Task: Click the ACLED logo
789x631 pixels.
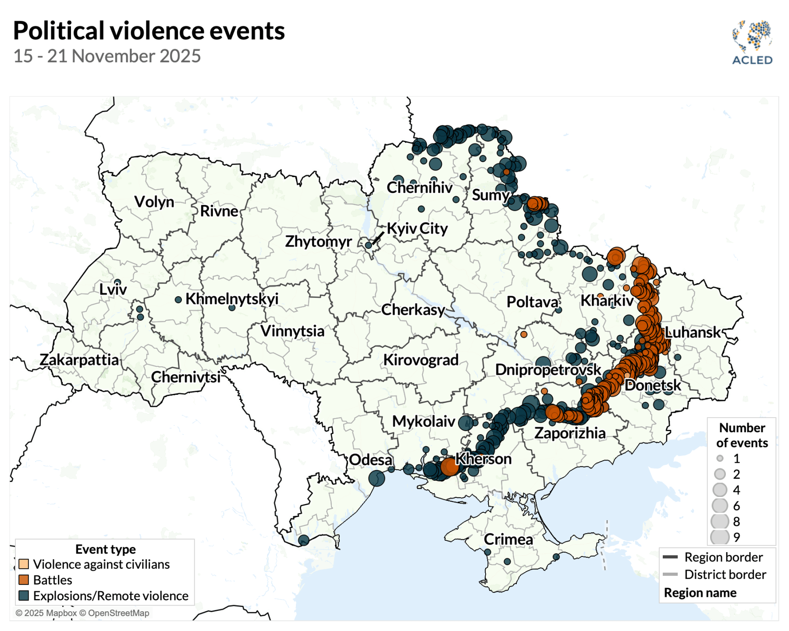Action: pos(752,43)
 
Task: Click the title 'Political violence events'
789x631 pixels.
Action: pos(149,31)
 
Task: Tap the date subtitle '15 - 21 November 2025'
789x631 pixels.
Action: pos(107,56)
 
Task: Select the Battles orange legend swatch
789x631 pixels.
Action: pos(24,580)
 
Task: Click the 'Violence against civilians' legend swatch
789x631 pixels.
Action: pos(24,564)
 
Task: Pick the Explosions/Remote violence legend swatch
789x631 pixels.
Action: pos(24,596)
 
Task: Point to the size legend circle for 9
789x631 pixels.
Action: pos(720,537)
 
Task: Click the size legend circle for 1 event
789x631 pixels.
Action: pos(720,458)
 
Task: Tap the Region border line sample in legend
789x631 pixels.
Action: pos(670,557)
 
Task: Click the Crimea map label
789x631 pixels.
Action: pos(508,539)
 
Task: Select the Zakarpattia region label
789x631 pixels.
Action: pos(79,360)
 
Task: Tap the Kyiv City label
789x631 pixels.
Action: pos(417,228)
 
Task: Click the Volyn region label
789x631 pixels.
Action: pos(154,202)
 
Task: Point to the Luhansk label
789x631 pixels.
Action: pos(693,332)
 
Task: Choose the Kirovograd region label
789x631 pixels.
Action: pos(421,360)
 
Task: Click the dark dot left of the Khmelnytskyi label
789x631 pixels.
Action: pos(178,300)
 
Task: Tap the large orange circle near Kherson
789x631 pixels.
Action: pos(450,467)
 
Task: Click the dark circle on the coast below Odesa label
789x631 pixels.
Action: pos(377,478)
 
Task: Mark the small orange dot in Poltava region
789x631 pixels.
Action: pos(524,334)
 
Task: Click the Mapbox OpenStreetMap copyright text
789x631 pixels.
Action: pos(82,613)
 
